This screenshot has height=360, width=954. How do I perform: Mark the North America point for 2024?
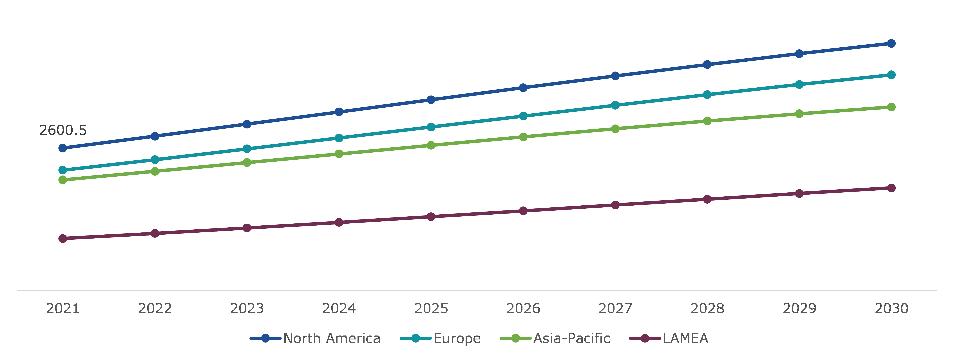pos(339,112)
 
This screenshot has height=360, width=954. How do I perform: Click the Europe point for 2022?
pos(155,160)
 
